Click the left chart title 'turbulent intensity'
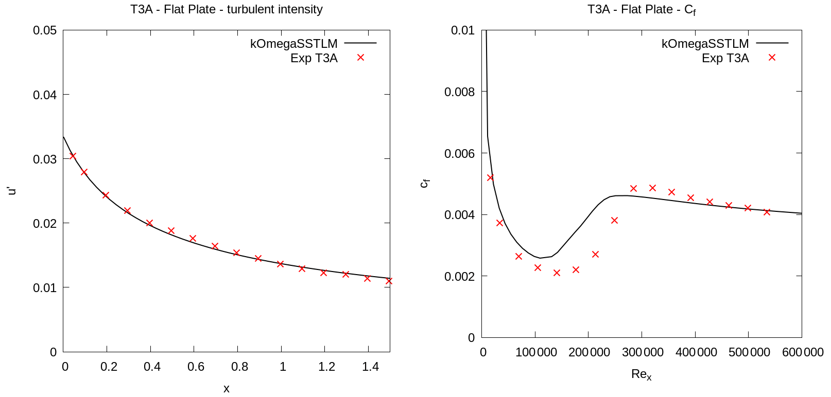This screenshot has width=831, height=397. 227,9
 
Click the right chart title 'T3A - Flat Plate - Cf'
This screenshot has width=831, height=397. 642,10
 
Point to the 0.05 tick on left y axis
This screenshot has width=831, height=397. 45,30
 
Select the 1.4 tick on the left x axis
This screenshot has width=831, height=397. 370,367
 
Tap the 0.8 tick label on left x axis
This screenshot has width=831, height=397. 239,367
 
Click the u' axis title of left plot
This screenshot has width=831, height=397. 12,191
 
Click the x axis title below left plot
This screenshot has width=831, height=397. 227,389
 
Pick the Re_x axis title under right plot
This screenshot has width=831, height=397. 642,375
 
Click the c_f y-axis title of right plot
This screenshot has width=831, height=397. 425,183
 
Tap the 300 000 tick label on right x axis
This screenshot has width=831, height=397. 642,352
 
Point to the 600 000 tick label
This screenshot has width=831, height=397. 803,352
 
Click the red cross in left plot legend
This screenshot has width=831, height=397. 360,58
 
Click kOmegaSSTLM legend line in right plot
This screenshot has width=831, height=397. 772,44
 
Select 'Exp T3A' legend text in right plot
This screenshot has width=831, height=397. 725,58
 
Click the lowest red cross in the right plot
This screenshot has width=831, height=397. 557,273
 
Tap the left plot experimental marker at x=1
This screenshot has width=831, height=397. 280,264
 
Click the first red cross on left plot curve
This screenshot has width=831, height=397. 73,156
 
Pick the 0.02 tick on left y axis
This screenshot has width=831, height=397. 45,223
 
